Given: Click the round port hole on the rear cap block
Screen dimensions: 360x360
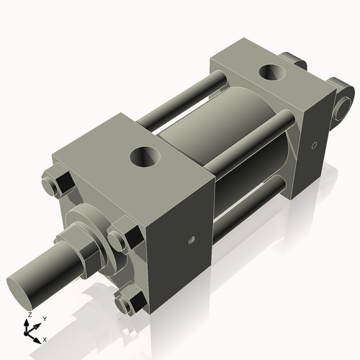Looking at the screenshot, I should point(273,72).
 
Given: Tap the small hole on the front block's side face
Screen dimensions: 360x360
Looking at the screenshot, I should point(191,240).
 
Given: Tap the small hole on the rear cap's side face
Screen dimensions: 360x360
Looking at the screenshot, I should point(313,146).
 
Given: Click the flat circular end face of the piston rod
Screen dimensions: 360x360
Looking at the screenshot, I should point(24,284).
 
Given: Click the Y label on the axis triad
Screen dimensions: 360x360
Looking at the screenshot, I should point(44,318).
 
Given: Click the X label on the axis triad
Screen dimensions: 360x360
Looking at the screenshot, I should point(45,338).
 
